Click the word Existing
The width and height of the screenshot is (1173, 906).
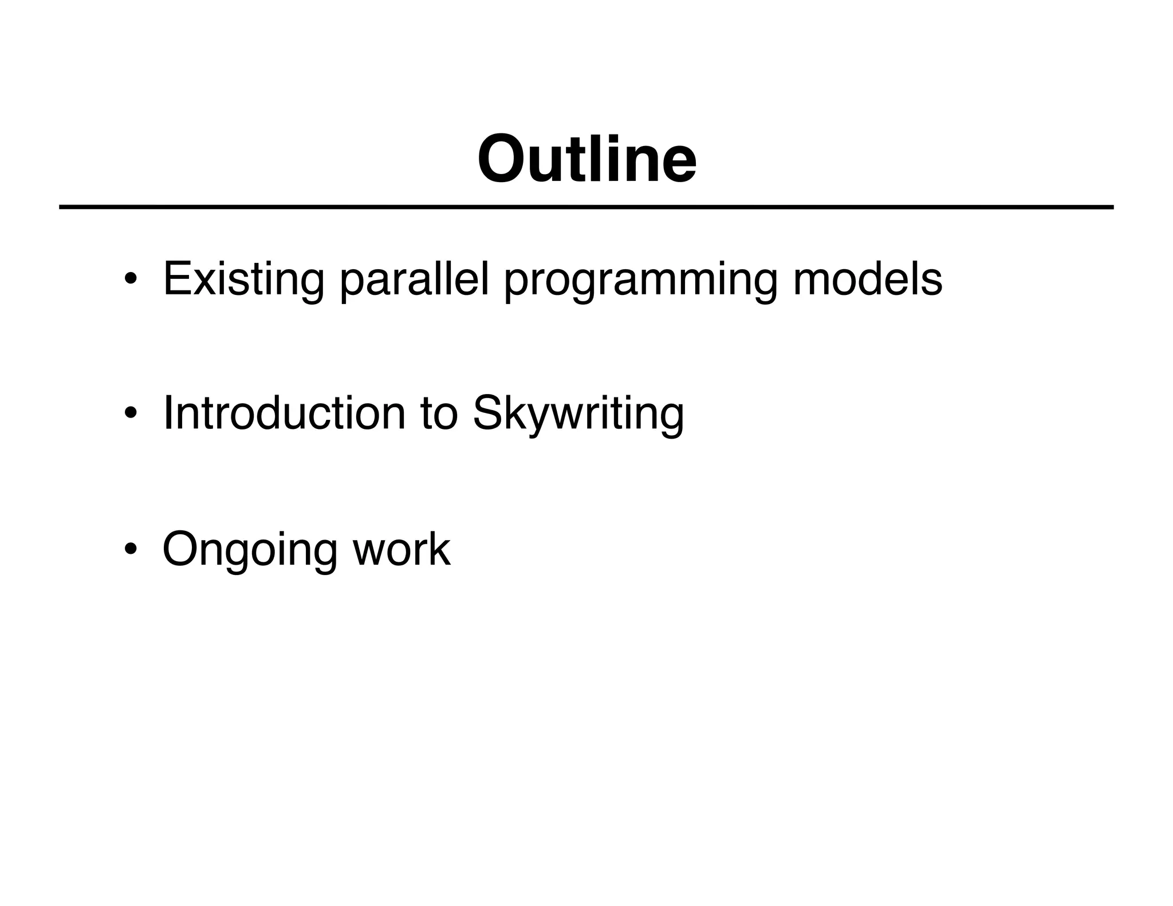[x=243, y=280]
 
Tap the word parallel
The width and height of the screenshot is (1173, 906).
[x=414, y=280]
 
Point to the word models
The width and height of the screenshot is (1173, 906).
[x=867, y=279]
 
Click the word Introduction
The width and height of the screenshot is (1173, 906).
[x=284, y=413]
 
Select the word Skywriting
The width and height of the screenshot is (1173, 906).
[x=578, y=415]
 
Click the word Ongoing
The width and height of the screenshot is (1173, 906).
[x=250, y=550]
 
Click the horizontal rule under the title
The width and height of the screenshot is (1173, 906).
[x=586, y=207]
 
